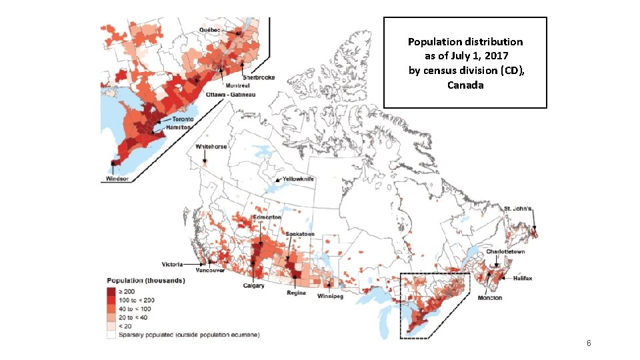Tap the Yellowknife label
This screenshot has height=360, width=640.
[x=298, y=179]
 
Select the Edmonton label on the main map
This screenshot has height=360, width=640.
[x=267, y=217]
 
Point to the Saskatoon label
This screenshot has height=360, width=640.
[x=300, y=234]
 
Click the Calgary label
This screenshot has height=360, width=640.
[x=253, y=286]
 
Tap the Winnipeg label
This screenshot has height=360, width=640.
[x=331, y=296]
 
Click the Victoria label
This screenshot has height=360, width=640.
[x=170, y=265]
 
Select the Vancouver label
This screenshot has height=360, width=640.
[x=210, y=271]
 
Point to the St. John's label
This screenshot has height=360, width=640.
[x=517, y=209]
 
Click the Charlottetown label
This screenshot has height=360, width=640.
[x=505, y=252]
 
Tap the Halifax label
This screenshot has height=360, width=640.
[x=522, y=279]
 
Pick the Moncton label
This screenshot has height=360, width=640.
[x=490, y=297]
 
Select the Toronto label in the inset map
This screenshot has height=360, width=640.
[x=183, y=119]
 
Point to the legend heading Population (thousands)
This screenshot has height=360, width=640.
[x=147, y=281]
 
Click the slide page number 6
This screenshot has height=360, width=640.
[x=589, y=343]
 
